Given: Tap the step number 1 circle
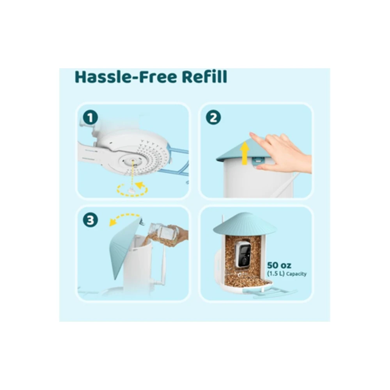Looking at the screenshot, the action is click(90, 117).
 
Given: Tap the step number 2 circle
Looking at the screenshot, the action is click(213, 117).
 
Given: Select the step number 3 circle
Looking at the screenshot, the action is click(90, 220).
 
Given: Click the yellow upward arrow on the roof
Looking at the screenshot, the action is click(245, 153).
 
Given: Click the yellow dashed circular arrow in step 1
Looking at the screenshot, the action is click(132, 190).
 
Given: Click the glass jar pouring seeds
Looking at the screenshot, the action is click(162, 232).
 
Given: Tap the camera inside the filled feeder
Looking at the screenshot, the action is click(243, 254).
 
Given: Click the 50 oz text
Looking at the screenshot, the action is click(279, 265).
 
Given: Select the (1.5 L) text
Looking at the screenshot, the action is click(276, 274).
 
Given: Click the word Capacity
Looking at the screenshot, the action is click(296, 274).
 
